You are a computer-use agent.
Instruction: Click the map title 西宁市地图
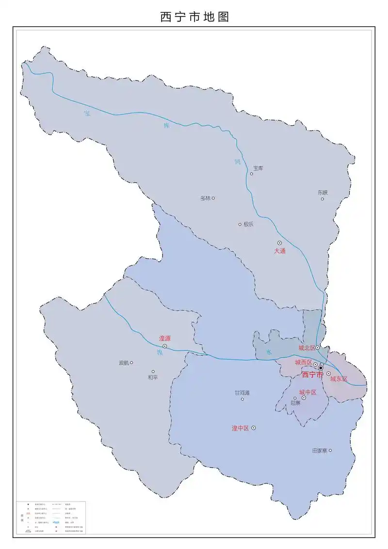(194, 17)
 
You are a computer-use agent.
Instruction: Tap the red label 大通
(280, 251)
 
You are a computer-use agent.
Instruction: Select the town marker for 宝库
(252, 174)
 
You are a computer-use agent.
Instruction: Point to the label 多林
(205, 198)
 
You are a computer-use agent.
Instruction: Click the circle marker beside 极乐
(240, 224)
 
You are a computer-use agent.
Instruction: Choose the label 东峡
(323, 192)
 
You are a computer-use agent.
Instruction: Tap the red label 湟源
(165, 338)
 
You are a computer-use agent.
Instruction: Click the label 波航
(124, 363)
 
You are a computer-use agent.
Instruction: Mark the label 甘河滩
(242, 393)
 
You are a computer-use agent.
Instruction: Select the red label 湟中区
(240, 428)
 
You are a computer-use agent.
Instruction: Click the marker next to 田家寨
(330, 450)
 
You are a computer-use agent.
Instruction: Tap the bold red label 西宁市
(312, 375)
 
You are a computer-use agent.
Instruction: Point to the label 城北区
(307, 348)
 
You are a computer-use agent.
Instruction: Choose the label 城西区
(303, 363)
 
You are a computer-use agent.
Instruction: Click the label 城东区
(339, 379)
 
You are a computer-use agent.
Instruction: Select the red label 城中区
(307, 392)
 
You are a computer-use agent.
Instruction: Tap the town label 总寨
(295, 403)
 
